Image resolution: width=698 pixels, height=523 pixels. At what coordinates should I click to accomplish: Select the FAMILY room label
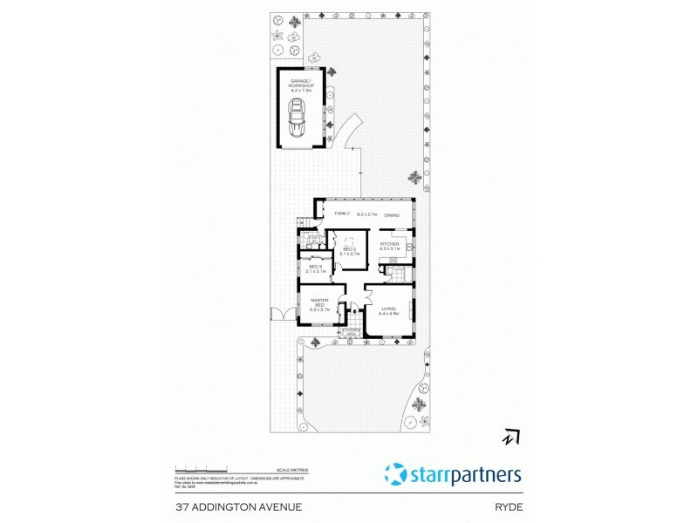tap(342, 214)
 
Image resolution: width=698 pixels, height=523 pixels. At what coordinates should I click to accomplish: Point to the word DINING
tap(391, 214)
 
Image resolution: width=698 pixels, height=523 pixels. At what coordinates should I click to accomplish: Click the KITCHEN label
tap(389, 244)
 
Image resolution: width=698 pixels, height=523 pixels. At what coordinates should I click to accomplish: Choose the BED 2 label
tap(349, 250)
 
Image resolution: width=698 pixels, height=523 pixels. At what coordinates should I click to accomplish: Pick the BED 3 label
tap(315, 268)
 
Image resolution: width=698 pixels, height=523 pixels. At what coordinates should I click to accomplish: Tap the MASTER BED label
tap(318, 303)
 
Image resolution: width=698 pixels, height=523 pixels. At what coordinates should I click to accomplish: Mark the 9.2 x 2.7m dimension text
tap(366, 214)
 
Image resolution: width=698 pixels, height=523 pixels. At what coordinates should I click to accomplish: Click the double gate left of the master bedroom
tap(282, 316)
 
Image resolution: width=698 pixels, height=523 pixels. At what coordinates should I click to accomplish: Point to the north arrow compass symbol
tap(509, 437)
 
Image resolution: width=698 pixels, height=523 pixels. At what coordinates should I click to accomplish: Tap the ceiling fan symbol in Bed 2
tap(349, 241)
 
